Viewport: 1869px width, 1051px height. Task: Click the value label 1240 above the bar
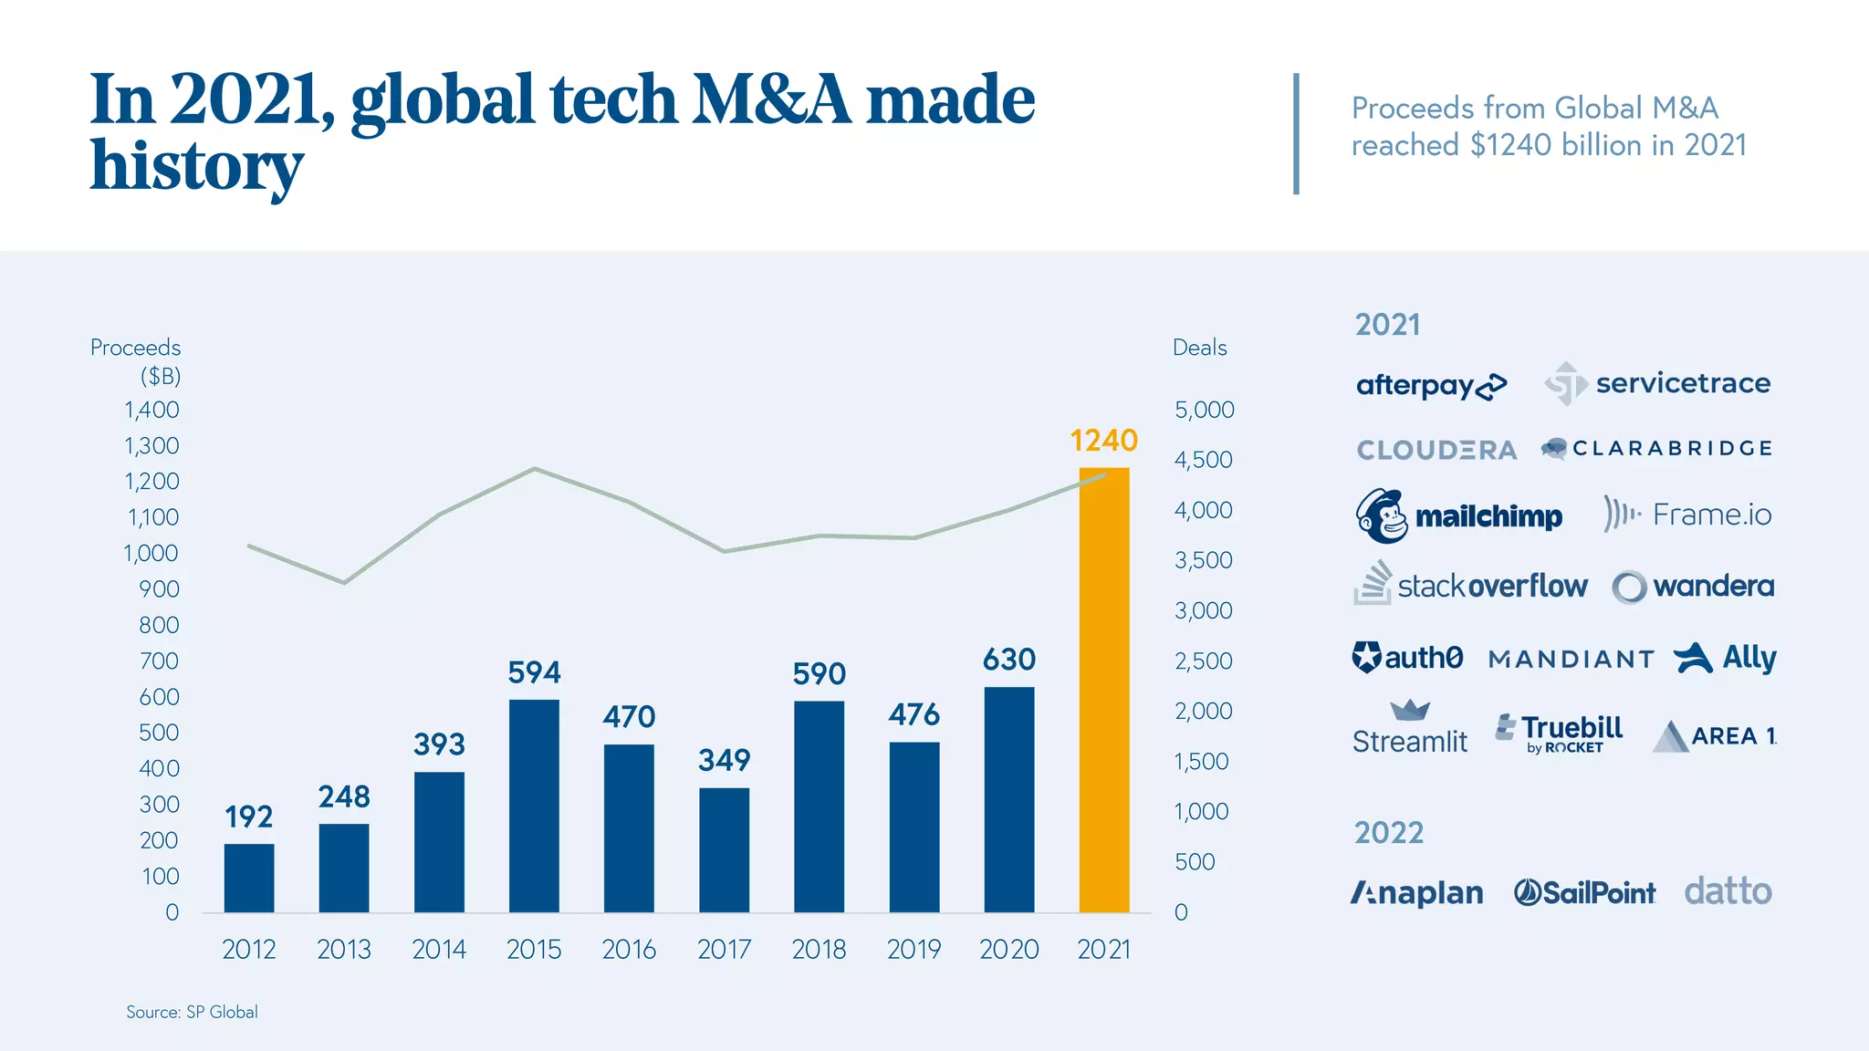click(x=1103, y=441)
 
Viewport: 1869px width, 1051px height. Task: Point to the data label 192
click(x=248, y=817)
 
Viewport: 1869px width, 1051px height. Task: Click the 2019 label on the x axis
click(x=914, y=950)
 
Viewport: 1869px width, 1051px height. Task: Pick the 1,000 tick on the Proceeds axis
click(x=151, y=554)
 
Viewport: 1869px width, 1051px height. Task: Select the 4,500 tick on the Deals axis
click(x=1203, y=460)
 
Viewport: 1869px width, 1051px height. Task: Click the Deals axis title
click(x=1199, y=348)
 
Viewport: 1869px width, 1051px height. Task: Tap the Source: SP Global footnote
click(x=192, y=1012)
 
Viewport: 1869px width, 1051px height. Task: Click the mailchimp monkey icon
click(x=1381, y=516)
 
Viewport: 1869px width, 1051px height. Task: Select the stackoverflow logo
click(x=1470, y=584)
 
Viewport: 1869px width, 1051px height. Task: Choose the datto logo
click(x=1728, y=891)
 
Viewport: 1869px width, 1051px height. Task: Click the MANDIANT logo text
click(x=1571, y=659)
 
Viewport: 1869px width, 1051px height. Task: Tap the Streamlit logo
click(x=1409, y=730)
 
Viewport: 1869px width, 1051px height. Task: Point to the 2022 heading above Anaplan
click(x=1388, y=833)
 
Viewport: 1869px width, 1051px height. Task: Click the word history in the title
click(x=196, y=166)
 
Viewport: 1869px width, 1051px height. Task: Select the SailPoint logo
click(x=1584, y=892)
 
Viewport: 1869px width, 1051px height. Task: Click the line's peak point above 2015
click(x=535, y=469)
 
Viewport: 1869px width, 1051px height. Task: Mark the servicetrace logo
click(x=1657, y=384)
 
